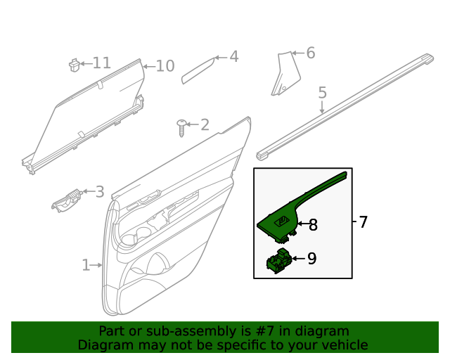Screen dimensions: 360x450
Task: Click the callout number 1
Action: (x=86, y=265)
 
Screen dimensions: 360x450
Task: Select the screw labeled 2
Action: (x=182, y=127)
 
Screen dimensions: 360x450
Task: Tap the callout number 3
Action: (x=99, y=191)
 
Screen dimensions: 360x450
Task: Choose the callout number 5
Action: (x=322, y=92)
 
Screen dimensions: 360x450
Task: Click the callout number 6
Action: (x=310, y=53)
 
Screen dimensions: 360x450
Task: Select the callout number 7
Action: (x=363, y=222)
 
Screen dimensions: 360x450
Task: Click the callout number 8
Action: (x=313, y=225)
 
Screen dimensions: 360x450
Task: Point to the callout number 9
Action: (x=311, y=259)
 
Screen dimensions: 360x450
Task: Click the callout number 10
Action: (x=165, y=66)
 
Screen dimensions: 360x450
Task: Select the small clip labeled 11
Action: (x=72, y=64)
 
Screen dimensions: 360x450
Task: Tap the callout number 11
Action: (x=101, y=63)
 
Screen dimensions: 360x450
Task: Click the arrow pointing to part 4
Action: (x=219, y=57)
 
